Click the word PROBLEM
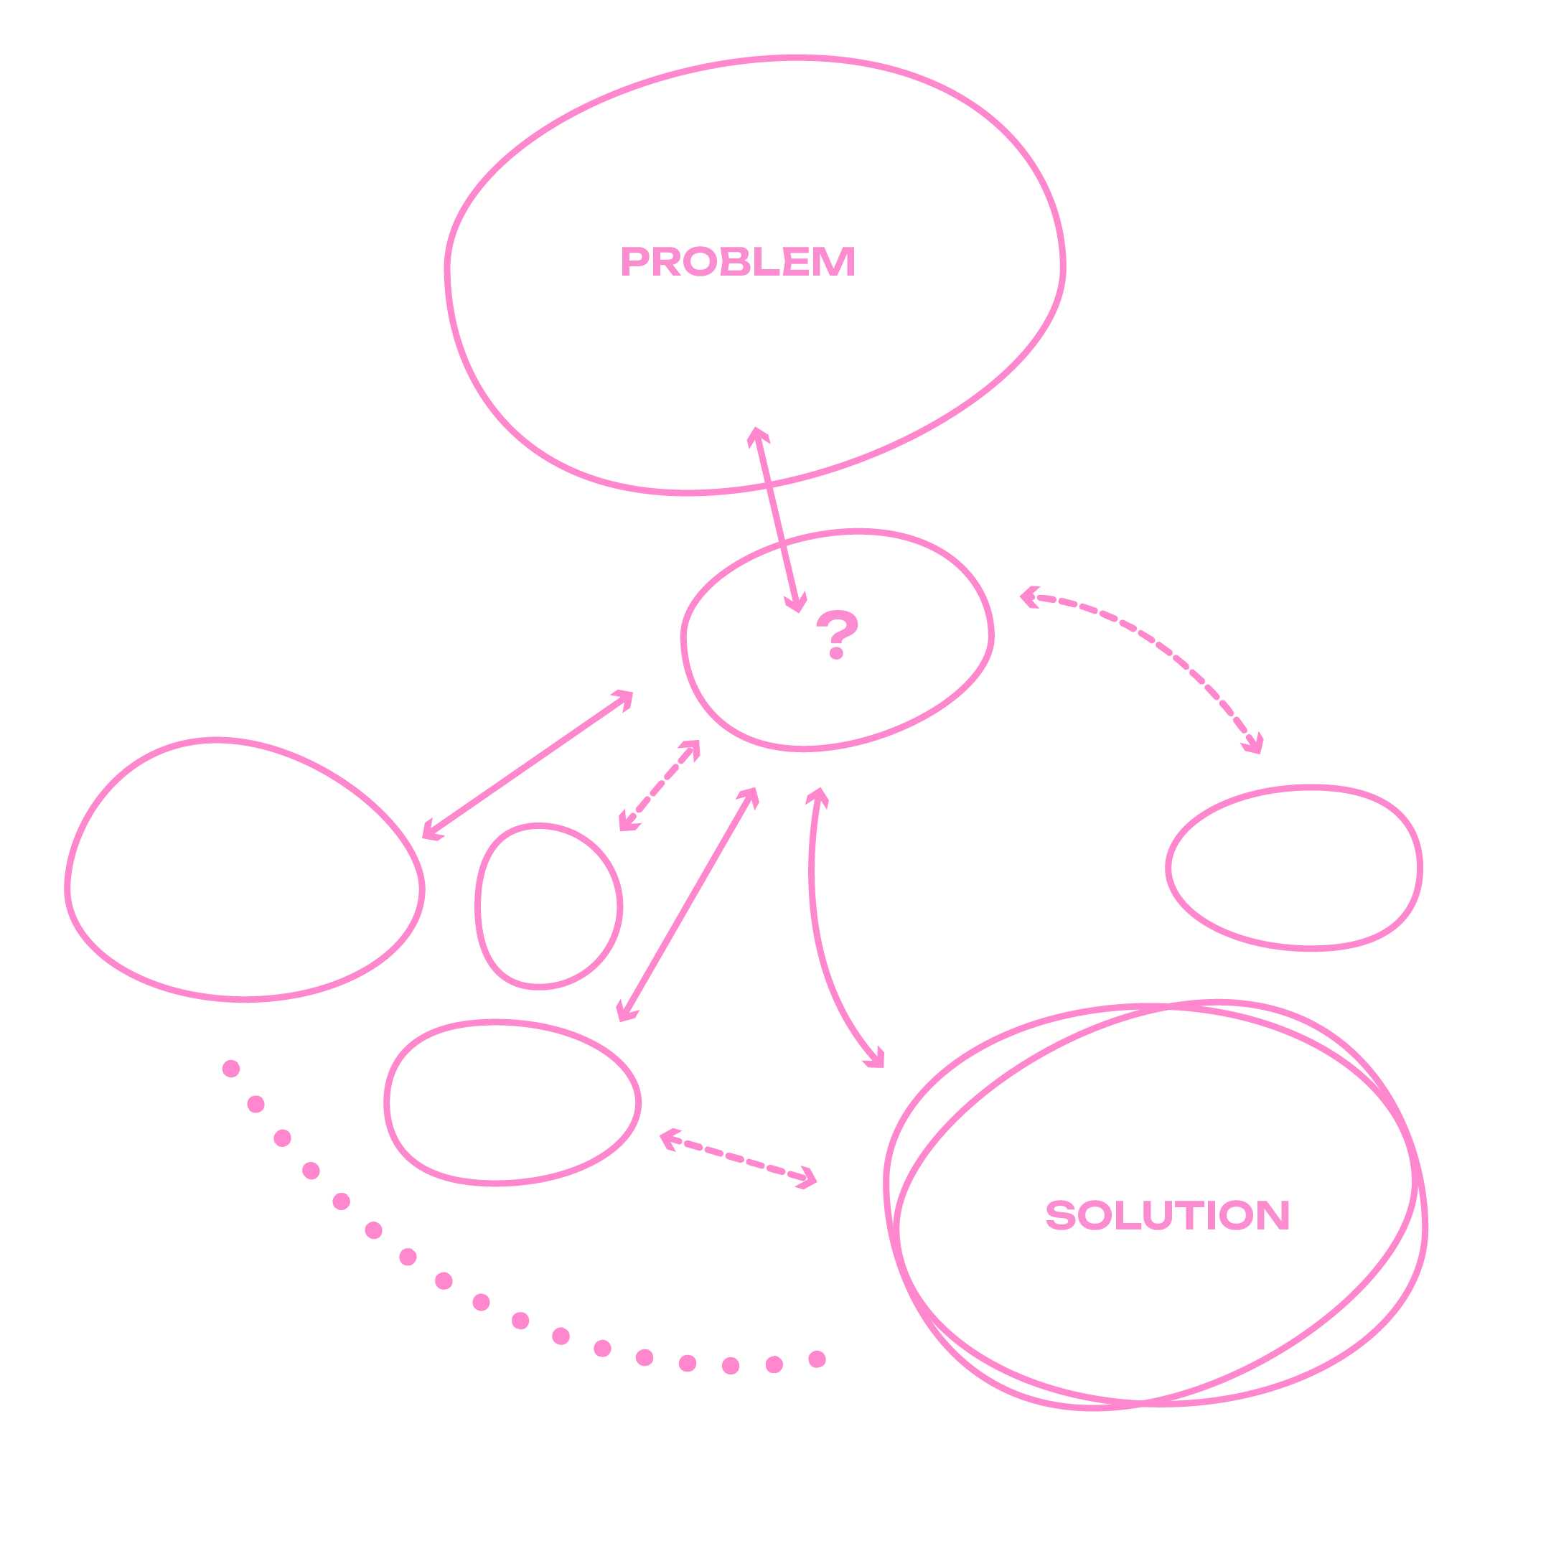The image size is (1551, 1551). click(x=738, y=262)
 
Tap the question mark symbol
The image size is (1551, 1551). click(x=837, y=635)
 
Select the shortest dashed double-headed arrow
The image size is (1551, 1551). click(x=659, y=786)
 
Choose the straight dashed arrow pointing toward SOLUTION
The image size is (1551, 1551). click(x=738, y=1159)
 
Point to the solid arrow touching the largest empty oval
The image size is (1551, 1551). click(x=528, y=764)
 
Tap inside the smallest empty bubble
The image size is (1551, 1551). click(x=548, y=906)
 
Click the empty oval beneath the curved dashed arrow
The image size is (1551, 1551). click(x=1294, y=868)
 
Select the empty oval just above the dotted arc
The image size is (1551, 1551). click(x=512, y=1102)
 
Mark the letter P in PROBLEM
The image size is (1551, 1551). click(x=634, y=262)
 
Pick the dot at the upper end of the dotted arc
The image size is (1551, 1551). click(x=231, y=1069)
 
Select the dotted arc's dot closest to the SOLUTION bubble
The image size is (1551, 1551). click(x=817, y=1359)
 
